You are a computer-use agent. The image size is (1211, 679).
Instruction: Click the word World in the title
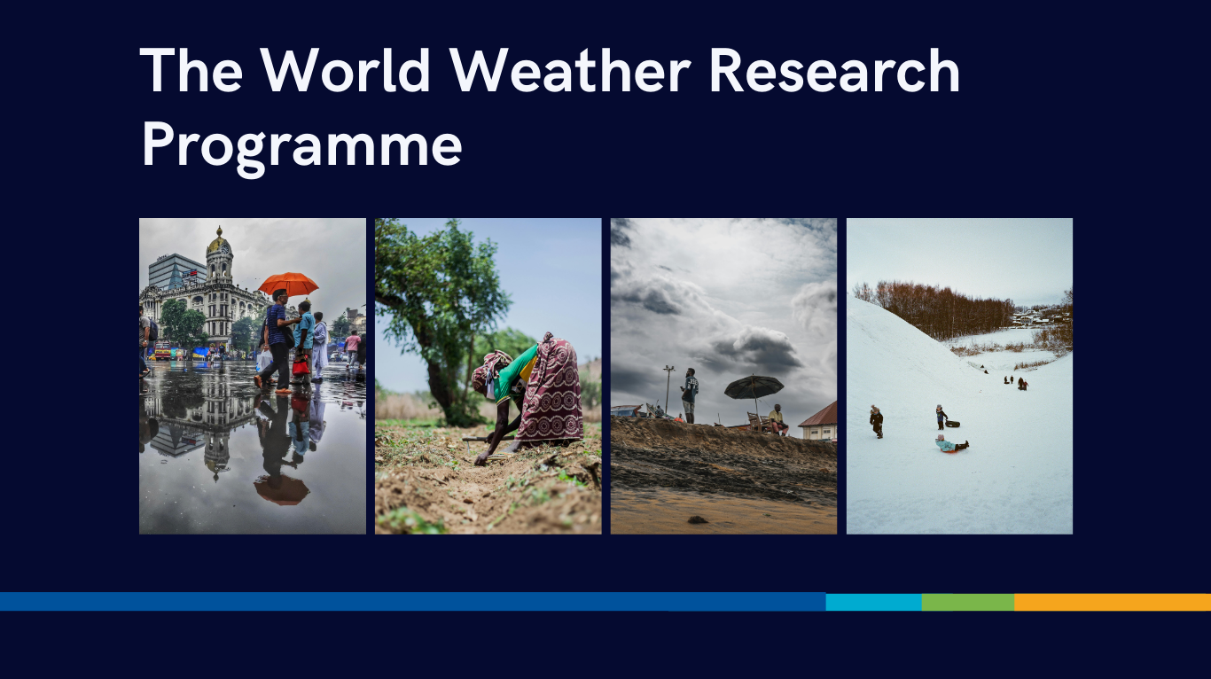[x=346, y=70]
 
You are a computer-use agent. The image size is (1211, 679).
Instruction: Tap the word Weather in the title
[x=570, y=70]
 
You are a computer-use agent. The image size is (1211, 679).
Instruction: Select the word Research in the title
[x=834, y=70]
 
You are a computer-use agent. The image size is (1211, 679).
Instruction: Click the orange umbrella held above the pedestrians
[x=288, y=284]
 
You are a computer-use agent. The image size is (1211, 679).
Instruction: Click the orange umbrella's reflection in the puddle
[x=281, y=489]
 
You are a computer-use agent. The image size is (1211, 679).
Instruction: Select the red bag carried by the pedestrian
[x=301, y=366]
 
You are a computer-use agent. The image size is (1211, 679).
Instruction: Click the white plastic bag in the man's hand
[x=264, y=361]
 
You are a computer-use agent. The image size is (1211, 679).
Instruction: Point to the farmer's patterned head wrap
[x=489, y=368]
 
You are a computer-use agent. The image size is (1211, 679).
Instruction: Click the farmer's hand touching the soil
[x=480, y=460]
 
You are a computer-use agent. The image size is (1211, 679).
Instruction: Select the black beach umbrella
[x=754, y=386]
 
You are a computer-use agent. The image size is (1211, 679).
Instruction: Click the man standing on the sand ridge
[x=690, y=395]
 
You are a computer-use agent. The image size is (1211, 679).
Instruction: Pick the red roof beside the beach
[x=819, y=415]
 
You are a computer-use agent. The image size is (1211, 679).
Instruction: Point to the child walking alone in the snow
[x=877, y=422]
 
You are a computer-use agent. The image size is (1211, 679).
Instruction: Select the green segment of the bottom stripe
[x=968, y=602]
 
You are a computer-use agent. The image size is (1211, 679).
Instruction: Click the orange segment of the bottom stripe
[x=1113, y=602]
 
